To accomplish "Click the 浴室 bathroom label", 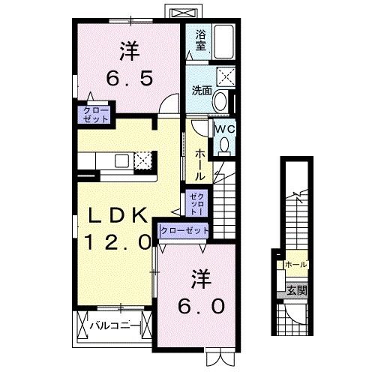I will coord(201,39).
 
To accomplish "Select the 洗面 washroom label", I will coord(200,90).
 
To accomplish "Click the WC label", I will coord(224,128).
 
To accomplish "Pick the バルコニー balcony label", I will coord(112,326).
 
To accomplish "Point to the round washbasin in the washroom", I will coord(221,101).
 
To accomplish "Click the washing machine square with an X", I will coord(225,78).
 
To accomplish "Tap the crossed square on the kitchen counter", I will coord(142,160).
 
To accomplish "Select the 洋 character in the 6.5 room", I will coord(129,51).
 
